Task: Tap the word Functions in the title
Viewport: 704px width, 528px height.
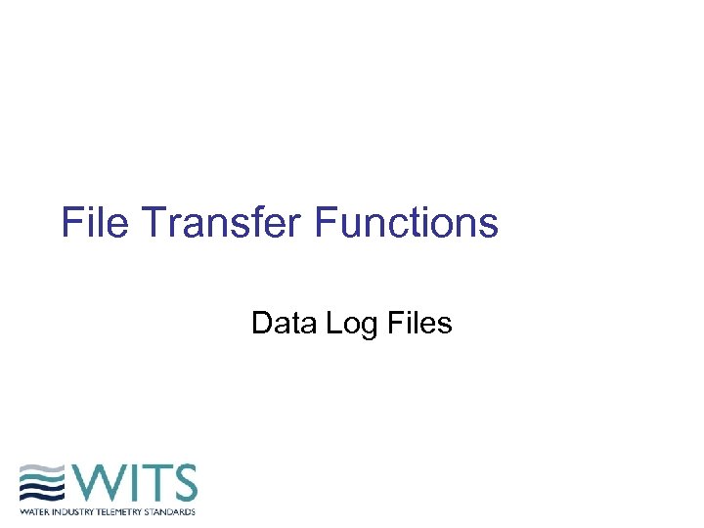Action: [407, 222]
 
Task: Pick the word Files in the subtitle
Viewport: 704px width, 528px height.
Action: [418, 322]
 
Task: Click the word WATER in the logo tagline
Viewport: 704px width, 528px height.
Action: [30, 510]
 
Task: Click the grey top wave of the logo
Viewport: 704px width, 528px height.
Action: [42, 469]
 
